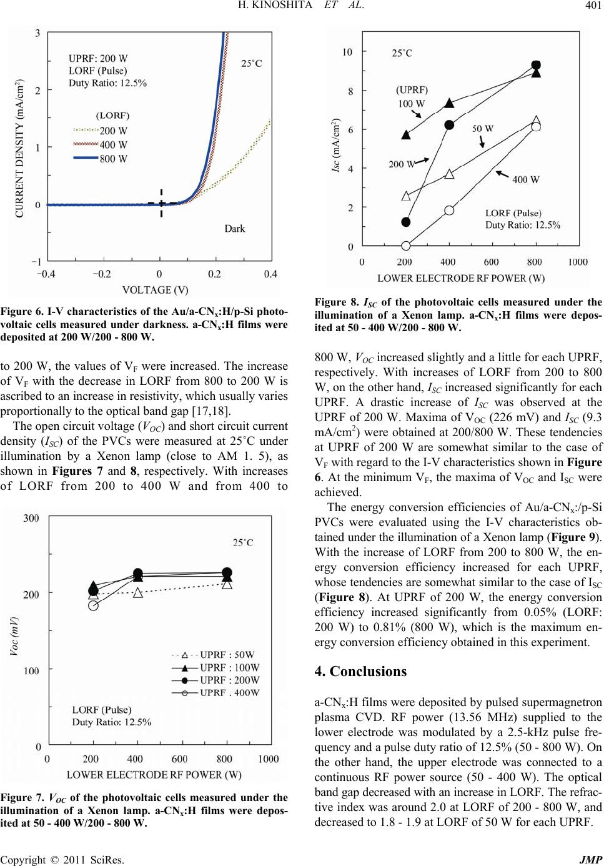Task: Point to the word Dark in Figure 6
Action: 235,229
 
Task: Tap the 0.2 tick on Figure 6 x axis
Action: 214,273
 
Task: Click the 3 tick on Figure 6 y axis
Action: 38,32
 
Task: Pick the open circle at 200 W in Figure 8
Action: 406,246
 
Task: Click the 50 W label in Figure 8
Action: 482,129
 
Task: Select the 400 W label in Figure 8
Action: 526,179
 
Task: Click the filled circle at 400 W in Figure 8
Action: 449,125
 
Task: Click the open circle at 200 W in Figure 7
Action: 94,605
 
